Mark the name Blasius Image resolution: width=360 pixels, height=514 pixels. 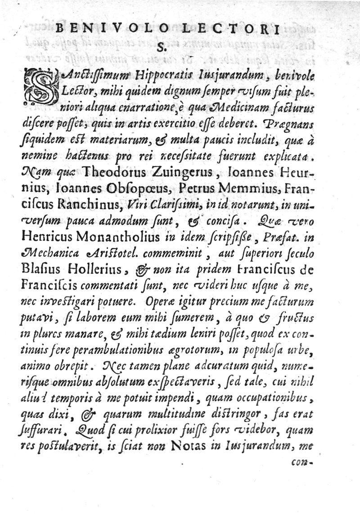[x=43, y=270]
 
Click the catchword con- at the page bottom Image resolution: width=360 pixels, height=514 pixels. [x=301, y=461]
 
